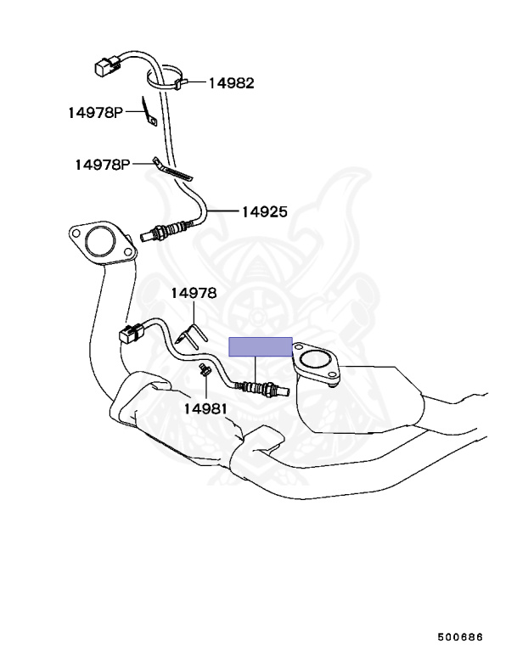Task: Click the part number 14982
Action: pos(231,83)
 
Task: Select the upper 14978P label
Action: pos(96,111)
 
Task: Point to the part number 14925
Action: pos(264,211)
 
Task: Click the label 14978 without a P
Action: pos(194,293)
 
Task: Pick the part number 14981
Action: pos(205,408)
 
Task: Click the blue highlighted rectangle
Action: pos(261,346)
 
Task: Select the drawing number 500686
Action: pos(460,636)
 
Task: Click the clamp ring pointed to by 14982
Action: pos(166,79)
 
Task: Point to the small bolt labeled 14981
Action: pos(205,371)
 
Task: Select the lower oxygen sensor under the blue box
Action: pos(265,390)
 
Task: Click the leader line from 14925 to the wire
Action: pos(223,211)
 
